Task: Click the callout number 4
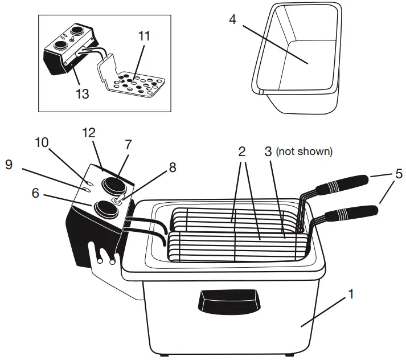232,19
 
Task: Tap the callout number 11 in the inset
144,36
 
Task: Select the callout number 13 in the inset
83,93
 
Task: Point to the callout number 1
351,294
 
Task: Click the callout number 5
399,174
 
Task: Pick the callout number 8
172,167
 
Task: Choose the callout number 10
42,142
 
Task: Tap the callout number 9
8,164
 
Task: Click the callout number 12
88,133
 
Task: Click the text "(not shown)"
304,152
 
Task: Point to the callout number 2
242,152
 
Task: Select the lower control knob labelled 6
105,209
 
